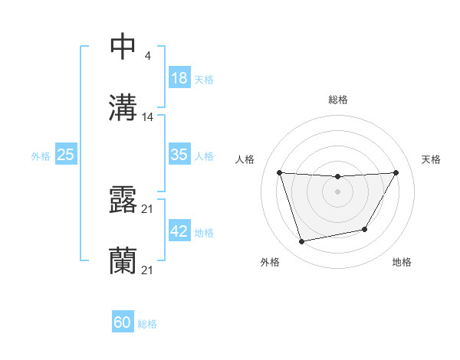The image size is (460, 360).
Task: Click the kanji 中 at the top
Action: (123, 47)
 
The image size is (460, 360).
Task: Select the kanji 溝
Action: (123, 107)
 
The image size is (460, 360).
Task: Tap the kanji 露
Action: (123, 200)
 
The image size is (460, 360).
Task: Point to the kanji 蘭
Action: (123, 260)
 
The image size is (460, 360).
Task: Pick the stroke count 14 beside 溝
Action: (148, 117)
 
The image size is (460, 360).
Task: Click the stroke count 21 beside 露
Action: (148, 209)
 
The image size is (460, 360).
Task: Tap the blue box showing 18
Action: (179, 78)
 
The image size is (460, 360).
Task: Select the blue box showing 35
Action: (179, 155)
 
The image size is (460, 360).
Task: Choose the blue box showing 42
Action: (179, 231)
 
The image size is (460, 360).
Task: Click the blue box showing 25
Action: (66, 155)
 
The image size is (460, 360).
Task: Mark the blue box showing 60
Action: (123, 322)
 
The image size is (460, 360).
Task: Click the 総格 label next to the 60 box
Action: (147, 324)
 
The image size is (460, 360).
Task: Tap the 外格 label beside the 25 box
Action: (41, 156)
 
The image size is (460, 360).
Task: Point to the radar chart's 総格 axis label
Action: (338, 100)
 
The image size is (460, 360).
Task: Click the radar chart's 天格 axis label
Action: (432, 159)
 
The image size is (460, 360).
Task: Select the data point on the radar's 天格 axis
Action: (396, 172)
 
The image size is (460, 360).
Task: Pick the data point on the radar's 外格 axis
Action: (302, 242)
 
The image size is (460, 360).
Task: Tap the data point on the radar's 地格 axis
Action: (365, 229)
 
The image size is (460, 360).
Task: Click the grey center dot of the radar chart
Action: (338, 191)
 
